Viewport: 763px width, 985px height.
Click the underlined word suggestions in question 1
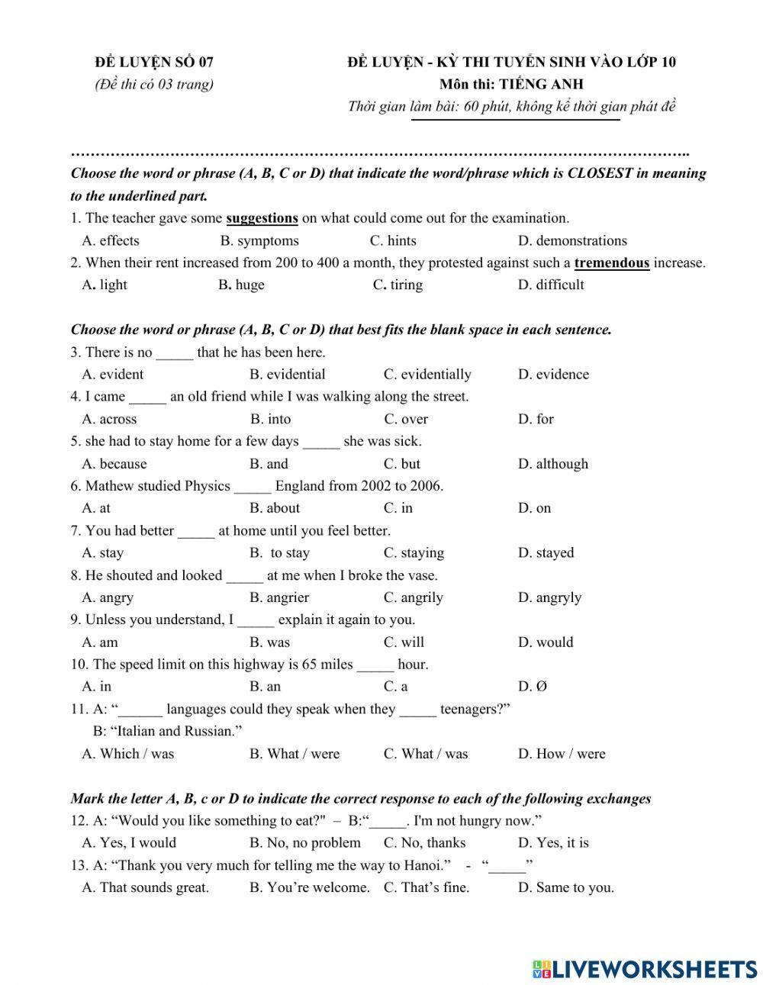tap(262, 218)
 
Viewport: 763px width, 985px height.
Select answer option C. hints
tap(393, 241)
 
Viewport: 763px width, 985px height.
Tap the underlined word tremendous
tap(611, 263)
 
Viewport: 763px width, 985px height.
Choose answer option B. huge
tap(241, 285)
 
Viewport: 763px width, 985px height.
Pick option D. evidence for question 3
tap(553, 375)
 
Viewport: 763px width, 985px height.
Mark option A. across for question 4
tap(109, 419)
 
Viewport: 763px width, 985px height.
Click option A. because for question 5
tap(114, 464)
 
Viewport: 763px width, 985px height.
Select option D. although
tap(553, 464)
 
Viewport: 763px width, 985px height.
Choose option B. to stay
tap(280, 553)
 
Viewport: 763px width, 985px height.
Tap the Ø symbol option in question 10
tap(541, 687)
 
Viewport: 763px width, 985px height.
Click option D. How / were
tap(562, 754)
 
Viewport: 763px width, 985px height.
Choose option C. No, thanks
tap(424, 843)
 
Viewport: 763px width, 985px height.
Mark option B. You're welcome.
tap(309, 887)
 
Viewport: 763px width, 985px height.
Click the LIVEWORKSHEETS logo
tap(644, 967)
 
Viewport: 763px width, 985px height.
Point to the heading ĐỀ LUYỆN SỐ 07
tap(154, 63)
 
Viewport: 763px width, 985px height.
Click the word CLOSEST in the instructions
tap(600, 173)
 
